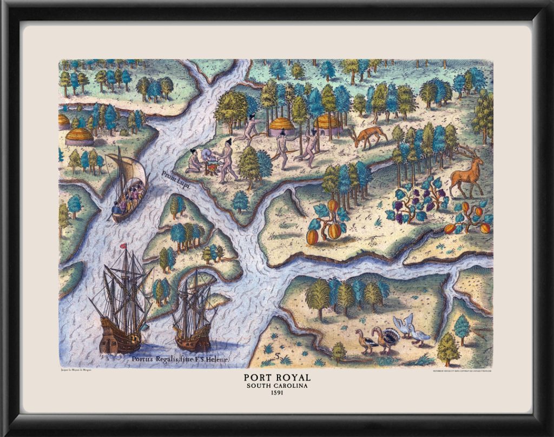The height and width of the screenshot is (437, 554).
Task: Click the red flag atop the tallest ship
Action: tap(123, 246)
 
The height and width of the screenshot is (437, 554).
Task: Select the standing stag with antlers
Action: tap(467, 173)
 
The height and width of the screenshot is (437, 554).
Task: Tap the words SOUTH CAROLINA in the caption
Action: tap(276, 386)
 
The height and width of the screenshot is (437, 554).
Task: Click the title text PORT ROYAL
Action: tap(276, 376)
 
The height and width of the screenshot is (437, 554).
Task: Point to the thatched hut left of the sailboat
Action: tap(79, 137)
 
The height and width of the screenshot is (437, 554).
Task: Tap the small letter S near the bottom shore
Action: tap(277, 355)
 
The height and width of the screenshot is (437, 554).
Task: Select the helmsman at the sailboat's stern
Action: tap(116, 208)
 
